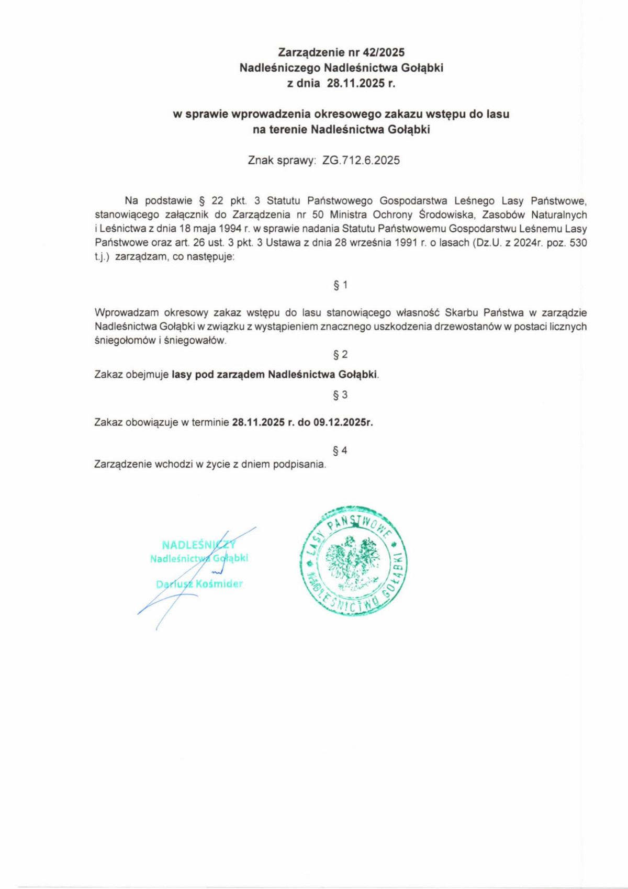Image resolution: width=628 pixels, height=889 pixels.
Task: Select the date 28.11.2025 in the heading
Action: pyautogui.click(x=356, y=83)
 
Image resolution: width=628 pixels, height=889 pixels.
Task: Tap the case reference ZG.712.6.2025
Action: pyautogui.click(x=361, y=161)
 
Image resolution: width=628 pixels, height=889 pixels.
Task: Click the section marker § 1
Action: pyautogui.click(x=340, y=285)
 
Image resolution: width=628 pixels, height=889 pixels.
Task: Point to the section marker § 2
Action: pyautogui.click(x=340, y=355)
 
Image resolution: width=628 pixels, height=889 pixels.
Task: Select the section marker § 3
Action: pyautogui.click(x=340, y=395)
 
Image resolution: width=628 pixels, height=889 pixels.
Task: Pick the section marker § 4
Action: pyautogui.click(x=340, y=451)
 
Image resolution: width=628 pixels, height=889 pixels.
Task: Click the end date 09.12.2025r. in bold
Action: pyautogui.click(x=343, y=423)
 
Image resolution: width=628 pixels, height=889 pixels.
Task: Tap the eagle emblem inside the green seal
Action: pyautogui.click(x=353, y=561)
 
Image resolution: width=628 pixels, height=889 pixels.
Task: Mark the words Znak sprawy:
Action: pyautogui.click(x=282, y=161)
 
